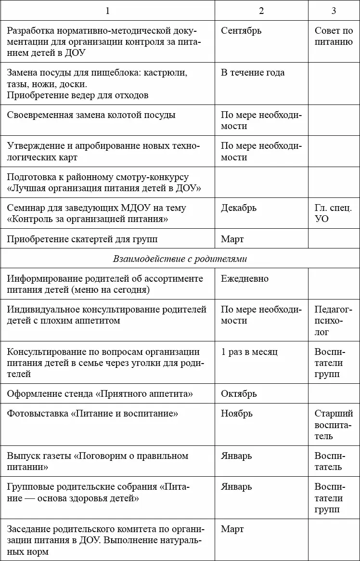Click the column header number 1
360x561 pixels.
(107, 11)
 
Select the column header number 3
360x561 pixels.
(334, 11)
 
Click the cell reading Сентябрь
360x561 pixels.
(241, 31)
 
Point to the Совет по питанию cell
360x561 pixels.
(334, 37)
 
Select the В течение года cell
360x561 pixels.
(253, 73)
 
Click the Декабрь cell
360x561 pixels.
(239, 208)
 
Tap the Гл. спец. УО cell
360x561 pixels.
(333, 214)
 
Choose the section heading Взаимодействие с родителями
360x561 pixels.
(180, 259)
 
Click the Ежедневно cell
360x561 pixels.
(244, 279)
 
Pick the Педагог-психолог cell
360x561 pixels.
(333, 321)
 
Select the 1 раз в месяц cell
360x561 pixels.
(249, 352)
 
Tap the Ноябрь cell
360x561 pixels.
(237, 414)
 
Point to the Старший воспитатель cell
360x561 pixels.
(334, 425)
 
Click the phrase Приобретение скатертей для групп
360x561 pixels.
(82, 239)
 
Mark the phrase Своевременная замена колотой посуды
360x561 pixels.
(91, 115)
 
